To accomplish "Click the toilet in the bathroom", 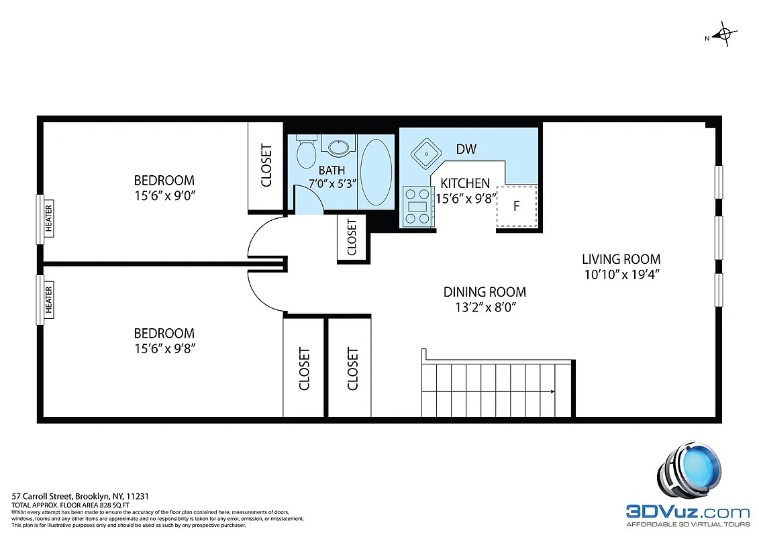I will tap(306, 154).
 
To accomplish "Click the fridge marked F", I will tap(516, 205).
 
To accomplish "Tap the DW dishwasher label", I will tap(466, 149).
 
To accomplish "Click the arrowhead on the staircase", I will tap(550, 391).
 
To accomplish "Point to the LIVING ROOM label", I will tap(621, 259).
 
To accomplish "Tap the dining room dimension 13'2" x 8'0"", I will tap(485, 307).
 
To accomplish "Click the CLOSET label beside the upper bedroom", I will tap(266, 165).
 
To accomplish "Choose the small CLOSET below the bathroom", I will tap(352, 238).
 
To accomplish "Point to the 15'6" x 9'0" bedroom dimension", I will tap(164, 195).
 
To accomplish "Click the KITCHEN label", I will tap(464, 183).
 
